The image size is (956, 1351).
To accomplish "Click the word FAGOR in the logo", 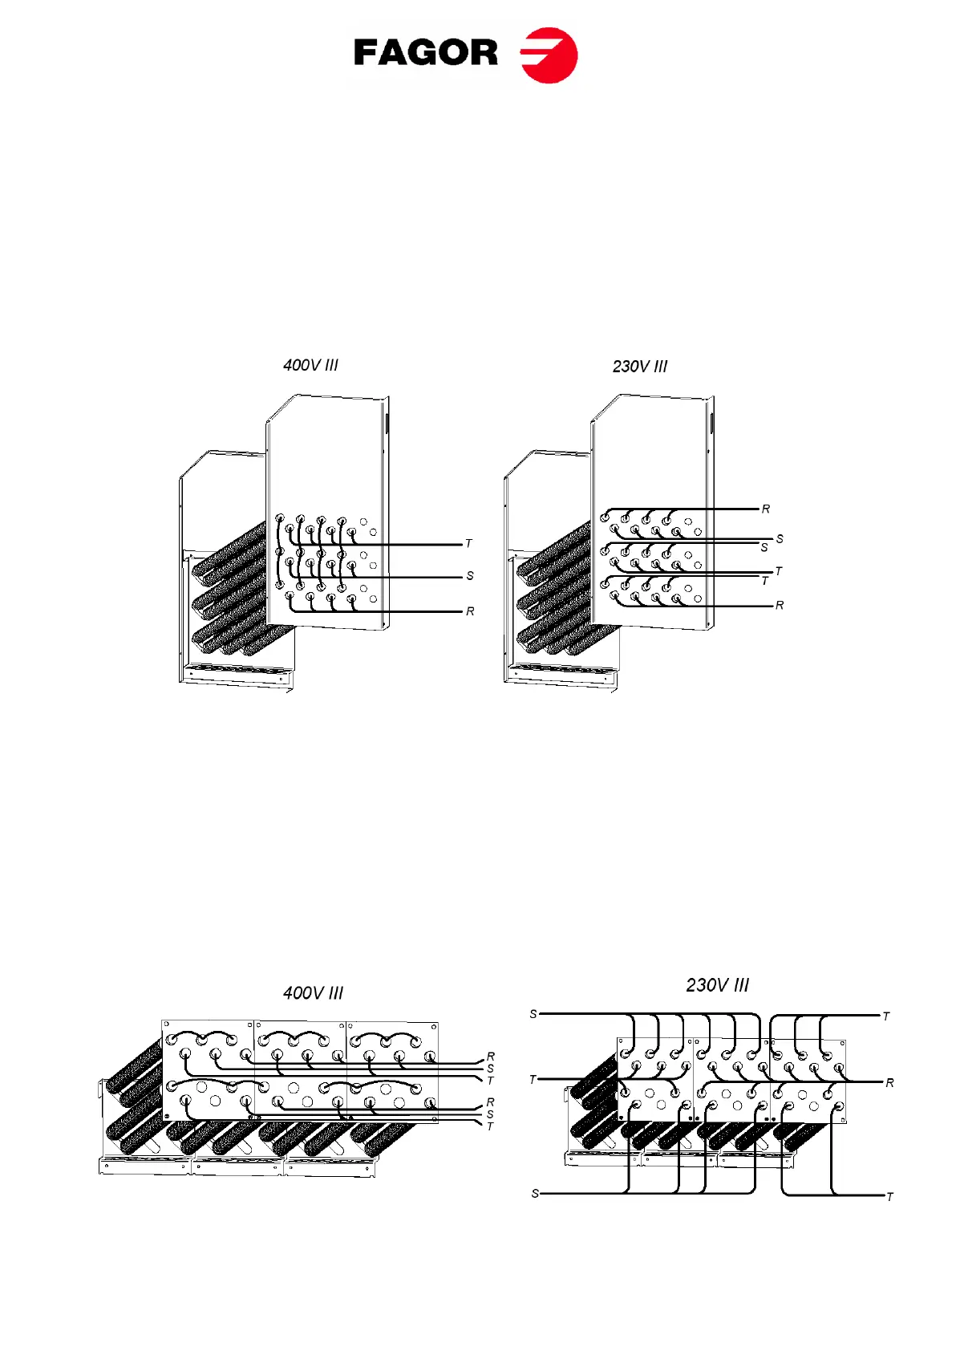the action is point(425,54).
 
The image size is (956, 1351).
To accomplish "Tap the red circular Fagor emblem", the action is point(549,55).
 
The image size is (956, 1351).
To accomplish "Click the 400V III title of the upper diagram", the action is point(310,365).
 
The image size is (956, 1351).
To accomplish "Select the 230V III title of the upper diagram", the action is point(639,367).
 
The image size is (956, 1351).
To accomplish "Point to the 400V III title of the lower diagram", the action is point(313,993).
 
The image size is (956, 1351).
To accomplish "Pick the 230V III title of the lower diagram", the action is point(717,985).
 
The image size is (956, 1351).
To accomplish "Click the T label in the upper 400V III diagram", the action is point(469,544).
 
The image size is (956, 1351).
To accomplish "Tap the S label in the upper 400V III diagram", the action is point(470,576).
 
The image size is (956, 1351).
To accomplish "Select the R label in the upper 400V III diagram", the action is point(470,611).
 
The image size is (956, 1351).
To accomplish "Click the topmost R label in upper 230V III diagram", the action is point(766,509).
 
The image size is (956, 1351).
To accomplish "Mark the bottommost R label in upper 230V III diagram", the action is point(780,606).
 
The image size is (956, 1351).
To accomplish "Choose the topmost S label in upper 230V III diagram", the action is point(780,539).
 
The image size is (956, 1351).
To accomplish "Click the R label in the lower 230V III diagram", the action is point(889,1083).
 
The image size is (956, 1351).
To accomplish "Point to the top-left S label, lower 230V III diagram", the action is point(533,1015).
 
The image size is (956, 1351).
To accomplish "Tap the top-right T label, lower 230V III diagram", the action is point(886,1016).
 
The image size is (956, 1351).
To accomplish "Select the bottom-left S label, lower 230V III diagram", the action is point(535,1194).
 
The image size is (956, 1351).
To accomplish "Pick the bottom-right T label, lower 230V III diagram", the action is point(889,1197).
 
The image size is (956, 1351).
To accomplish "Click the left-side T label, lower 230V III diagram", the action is point(533,1080).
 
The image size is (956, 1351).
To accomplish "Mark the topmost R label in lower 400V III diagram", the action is point(491,1057).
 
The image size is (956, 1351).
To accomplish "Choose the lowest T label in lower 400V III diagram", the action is point(491,1127).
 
